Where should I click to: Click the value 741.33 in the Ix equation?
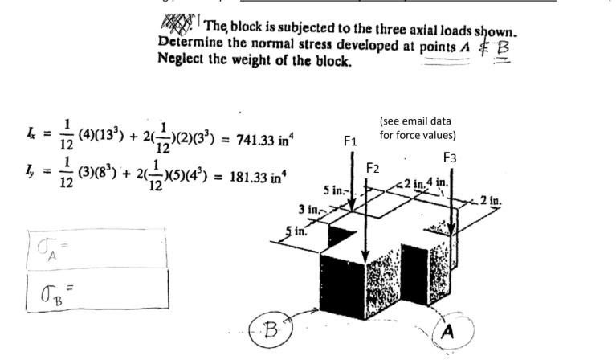click(251, 140)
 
